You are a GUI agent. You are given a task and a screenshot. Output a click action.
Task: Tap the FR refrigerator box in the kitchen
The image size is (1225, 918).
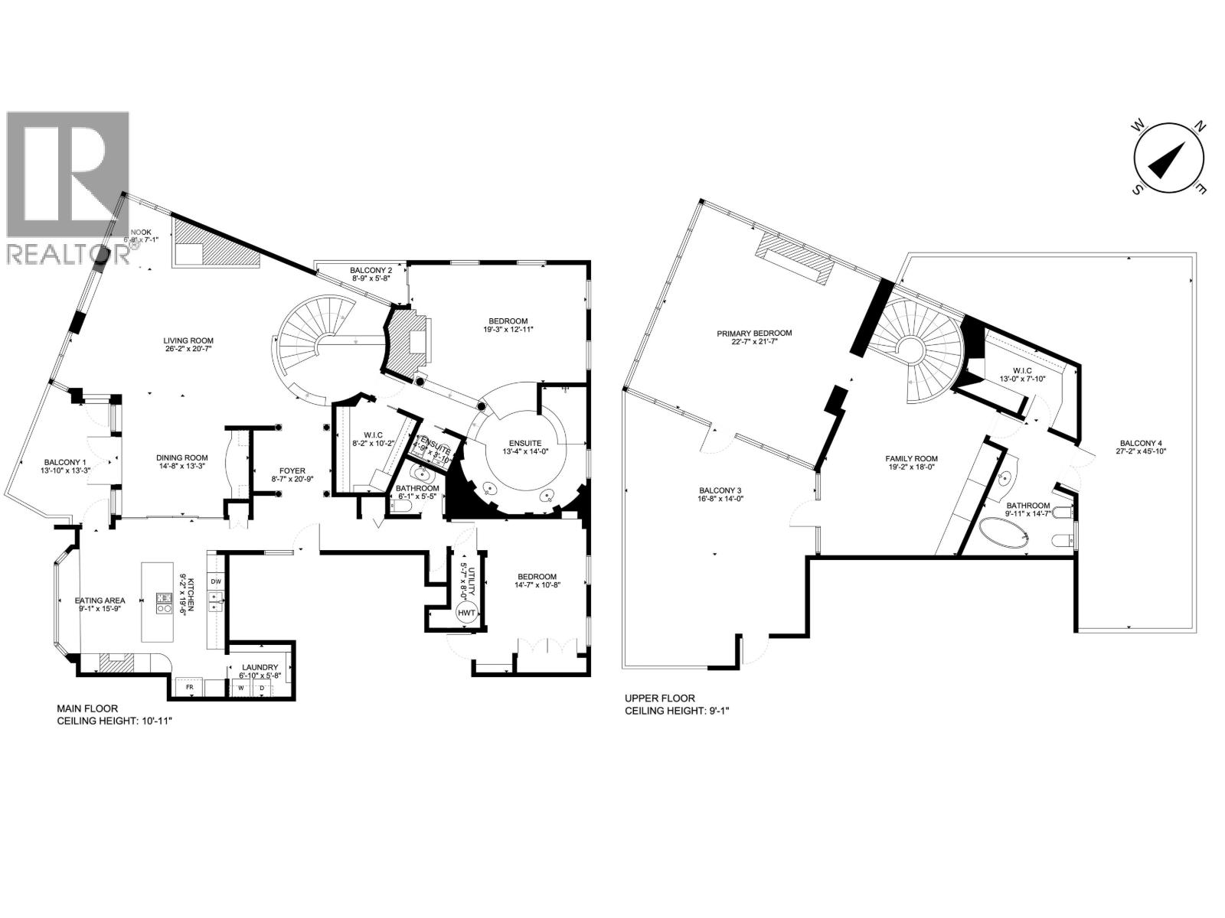[189, 688]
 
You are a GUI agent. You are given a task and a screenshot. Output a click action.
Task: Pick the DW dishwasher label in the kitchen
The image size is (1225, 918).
[216, 583]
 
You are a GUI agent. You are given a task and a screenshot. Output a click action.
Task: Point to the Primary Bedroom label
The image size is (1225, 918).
[754, 333]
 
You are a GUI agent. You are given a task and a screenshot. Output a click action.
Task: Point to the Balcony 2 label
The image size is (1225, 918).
[371, 270]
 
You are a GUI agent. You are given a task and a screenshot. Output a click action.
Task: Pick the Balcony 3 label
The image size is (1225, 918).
[720, 490]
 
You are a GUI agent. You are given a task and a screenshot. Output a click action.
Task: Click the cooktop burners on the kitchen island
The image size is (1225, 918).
[163, 604]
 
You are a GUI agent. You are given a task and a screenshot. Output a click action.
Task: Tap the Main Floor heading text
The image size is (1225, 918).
[87, 709]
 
